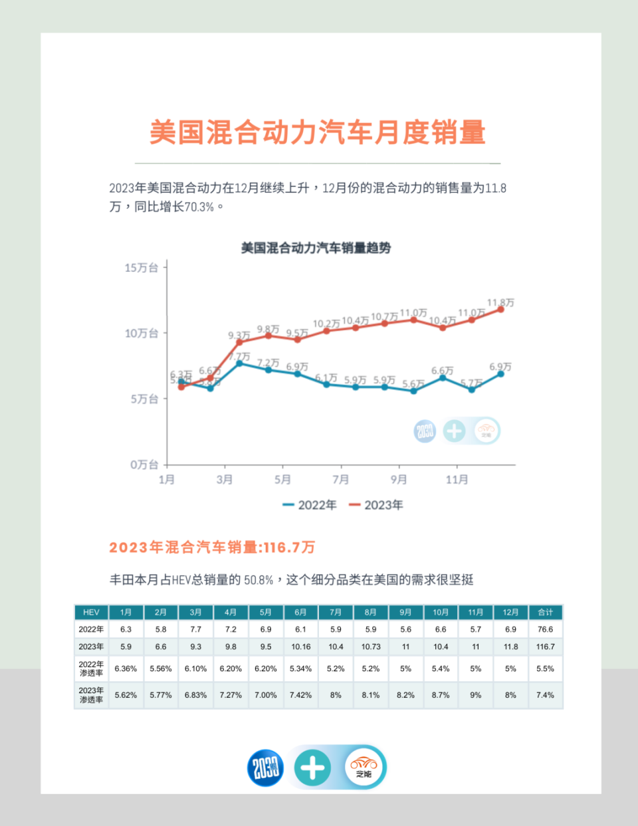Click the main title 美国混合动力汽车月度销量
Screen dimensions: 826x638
click(x=318, y=132)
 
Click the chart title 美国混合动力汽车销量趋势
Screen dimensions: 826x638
click(x=316, y=248)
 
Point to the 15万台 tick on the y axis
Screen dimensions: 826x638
click(x=142, y=268)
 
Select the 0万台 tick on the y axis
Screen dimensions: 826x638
click(x=144, y=465)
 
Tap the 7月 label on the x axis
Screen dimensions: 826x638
click(x=341, y=479)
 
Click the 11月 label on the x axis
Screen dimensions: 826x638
click(x=457, y=479)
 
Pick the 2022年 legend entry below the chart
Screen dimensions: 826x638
click(x=310, y=505)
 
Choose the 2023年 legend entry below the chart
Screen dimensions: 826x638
click(x=376, y=505)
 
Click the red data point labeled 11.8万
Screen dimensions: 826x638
click(x=500, y=310)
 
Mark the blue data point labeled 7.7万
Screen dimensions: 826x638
click(x=239, y=363)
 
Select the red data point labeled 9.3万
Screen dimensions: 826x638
click(x=239, y=342)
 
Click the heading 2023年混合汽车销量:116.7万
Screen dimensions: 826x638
click(x=212, y=548)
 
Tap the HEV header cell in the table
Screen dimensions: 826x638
click(x=91, y=612)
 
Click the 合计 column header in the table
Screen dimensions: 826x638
click(x=545, y=612)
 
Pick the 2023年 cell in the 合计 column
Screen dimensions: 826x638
click(x=545, y=647)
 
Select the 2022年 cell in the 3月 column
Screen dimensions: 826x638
click(x=195, y=629)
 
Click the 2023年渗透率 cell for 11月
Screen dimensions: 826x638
click(x=475, y=695)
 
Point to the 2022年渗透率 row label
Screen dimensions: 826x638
click(x=91, y=669)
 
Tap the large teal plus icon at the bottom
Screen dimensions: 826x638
click(x=312, y=768)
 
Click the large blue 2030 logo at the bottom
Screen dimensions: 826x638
click(x=266, y=768)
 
